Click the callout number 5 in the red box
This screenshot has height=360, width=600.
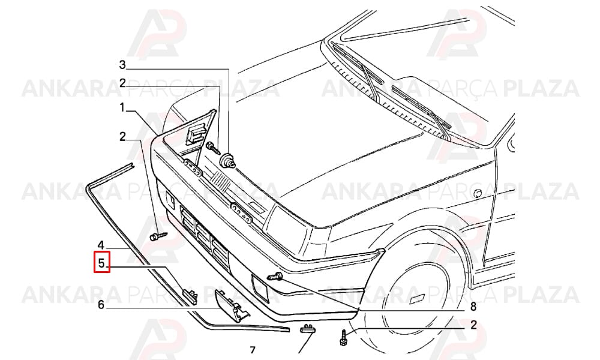(x=101, y=263)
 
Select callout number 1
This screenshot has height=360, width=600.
(x=122, y=107)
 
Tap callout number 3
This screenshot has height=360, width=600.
(x=122, y=65)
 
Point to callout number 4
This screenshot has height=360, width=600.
(x=101, y=245)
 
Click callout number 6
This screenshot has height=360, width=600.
(x=101, y=305)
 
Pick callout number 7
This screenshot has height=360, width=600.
(x=252, y=350)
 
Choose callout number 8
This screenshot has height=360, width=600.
(x=473, y=306)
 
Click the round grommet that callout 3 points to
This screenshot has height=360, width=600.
(x=228, y=160)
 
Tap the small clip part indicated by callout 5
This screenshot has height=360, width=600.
(x=191, y=296)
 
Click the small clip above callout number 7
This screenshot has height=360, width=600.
(x=308, y=328)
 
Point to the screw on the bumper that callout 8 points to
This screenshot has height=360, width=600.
(x=275, y=275)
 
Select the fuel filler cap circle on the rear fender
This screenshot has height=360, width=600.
(x=478, y=193)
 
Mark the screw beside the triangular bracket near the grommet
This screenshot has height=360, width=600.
(x=213, y=148)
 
